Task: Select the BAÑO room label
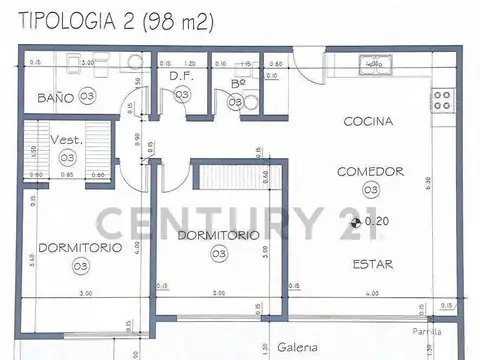coord(56,97)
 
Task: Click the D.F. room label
coord(181,75)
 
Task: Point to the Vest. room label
coord(67,141)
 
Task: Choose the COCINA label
coord(368,122)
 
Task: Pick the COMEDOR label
coord(370,171)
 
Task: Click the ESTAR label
coord(371,265)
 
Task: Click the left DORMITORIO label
coord(80,247)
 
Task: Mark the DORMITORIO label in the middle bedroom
coord(218,235)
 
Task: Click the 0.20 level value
coord(379,221)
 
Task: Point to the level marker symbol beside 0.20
coord(358,221)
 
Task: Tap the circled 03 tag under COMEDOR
coord(370,189)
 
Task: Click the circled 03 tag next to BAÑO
coord(88,97)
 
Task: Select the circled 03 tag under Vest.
coord(67,158)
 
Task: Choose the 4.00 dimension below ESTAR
coord(371,293)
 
